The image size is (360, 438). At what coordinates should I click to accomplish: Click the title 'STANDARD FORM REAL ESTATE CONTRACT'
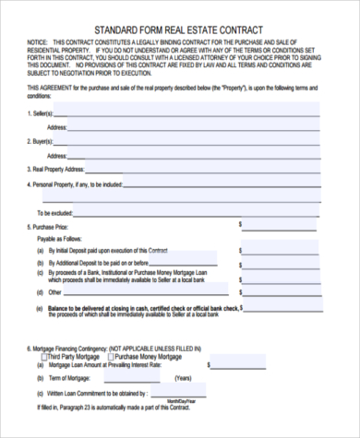[180, 29]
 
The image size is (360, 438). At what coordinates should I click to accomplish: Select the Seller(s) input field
[194, 113]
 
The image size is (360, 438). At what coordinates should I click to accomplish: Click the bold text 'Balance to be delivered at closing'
[102, 307]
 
